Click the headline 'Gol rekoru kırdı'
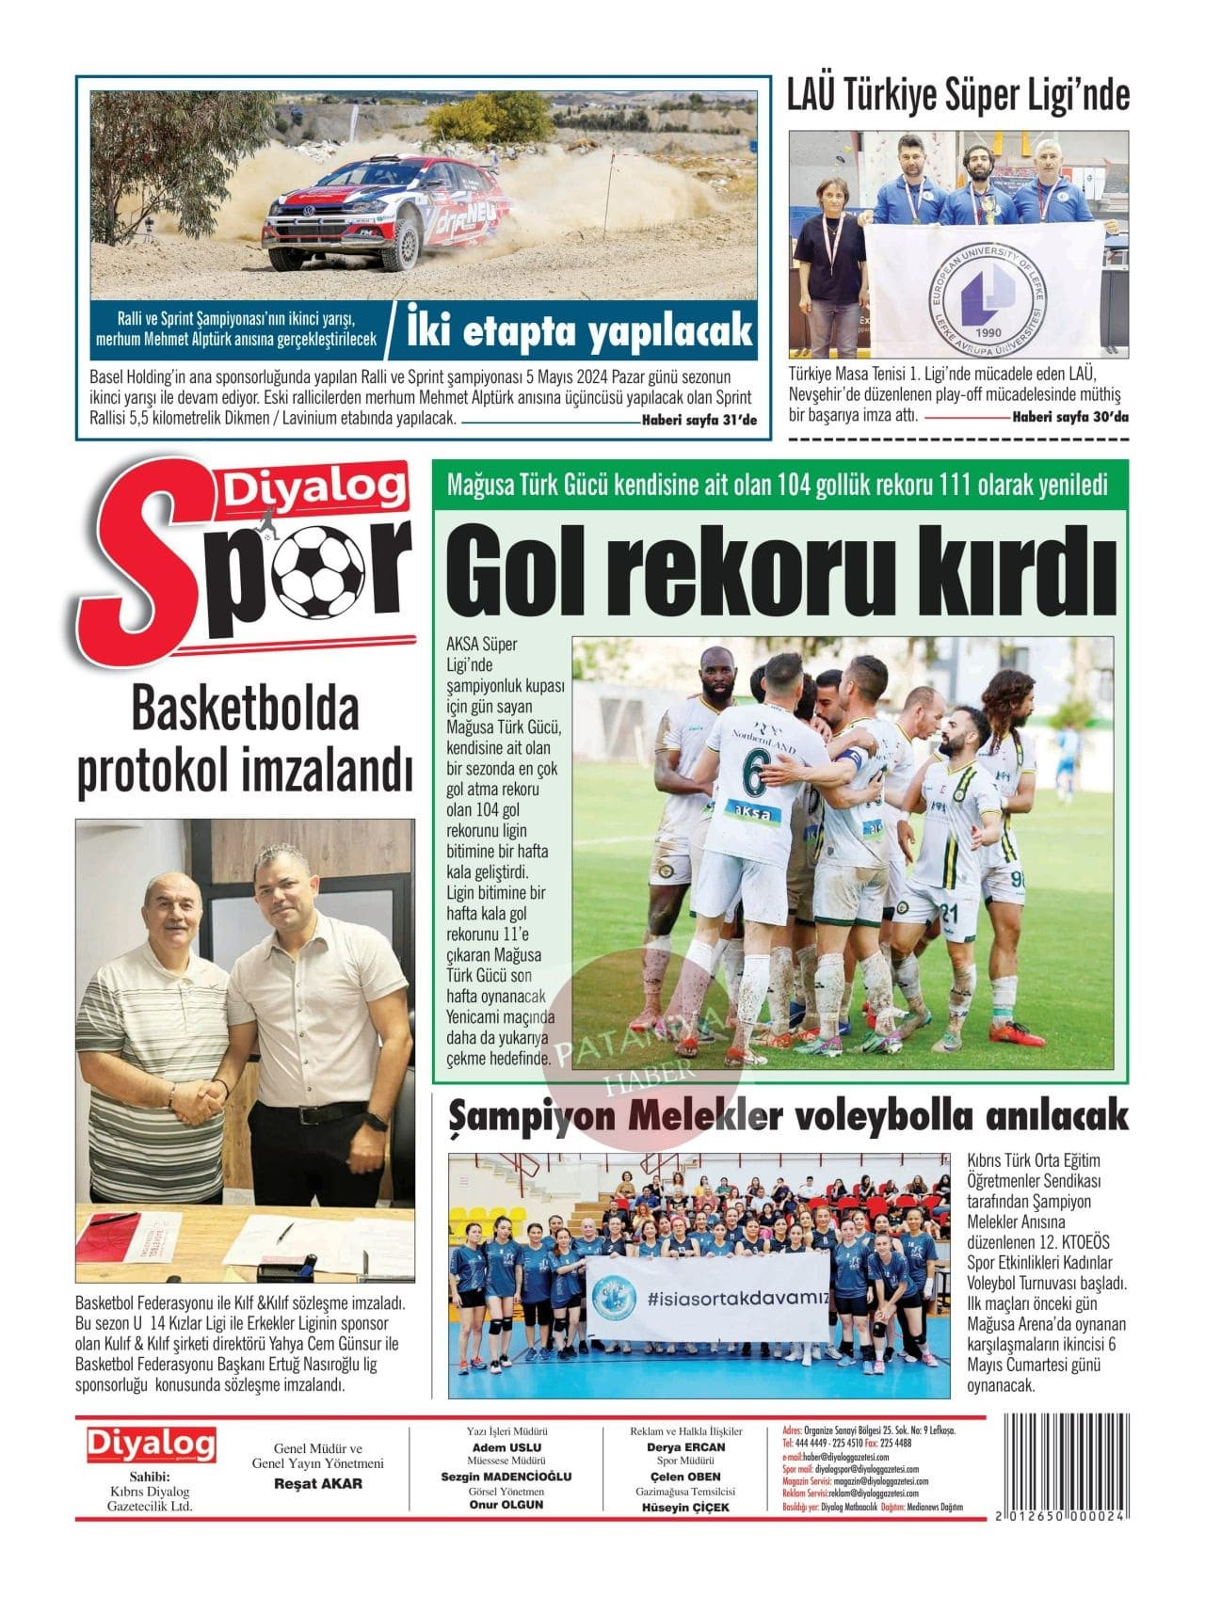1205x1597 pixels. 780,568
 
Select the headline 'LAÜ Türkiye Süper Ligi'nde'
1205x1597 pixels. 957,96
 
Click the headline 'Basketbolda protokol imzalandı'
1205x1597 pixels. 245,740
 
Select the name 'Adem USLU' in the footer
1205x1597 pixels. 506,1447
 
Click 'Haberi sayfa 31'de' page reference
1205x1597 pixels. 699,421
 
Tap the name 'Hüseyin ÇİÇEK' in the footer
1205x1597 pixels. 685,1508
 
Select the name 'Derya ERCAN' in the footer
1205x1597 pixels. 685,1447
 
